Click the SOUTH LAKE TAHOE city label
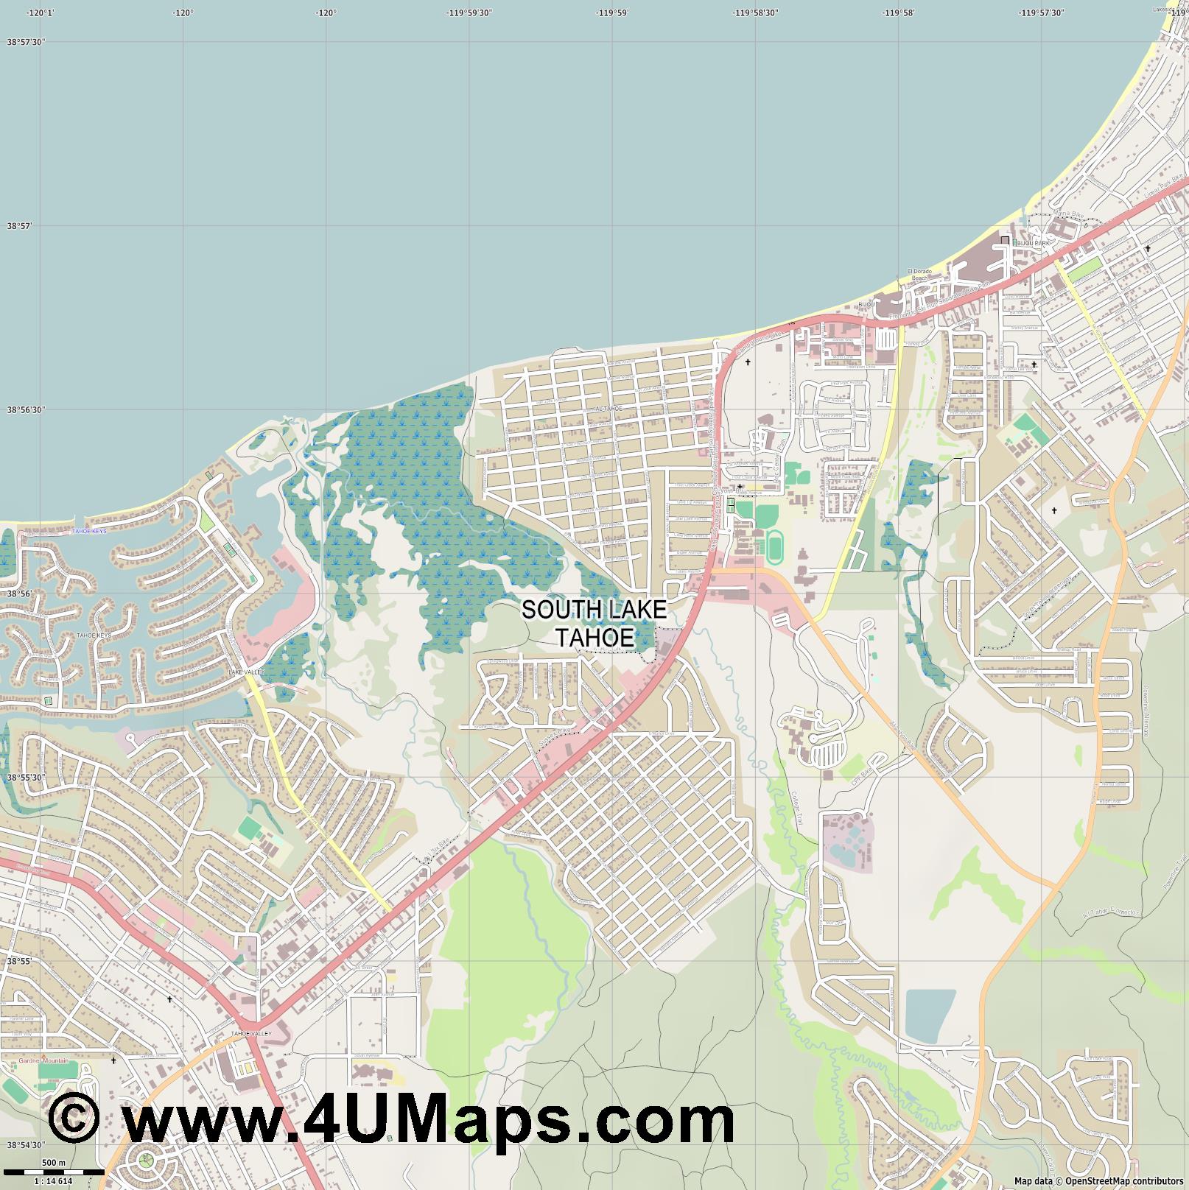pyautogui.click(x=594, y=623)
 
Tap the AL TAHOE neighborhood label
pyautogui.click(x=609, y=408)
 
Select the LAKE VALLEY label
pyautogui.click(x=245, y=672)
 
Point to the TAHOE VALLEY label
pyautogui.click(x=251, y=1033)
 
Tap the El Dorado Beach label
pyautogui.click(x=920, y=275)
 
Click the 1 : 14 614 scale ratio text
pyautogui.click(x=53, y=1181)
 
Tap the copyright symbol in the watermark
pyautogui.click(x=74, y=1119)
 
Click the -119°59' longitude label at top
pyautogui.click(x=612, y=13)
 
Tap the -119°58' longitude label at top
pyautogui.click(x=899, y=13)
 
